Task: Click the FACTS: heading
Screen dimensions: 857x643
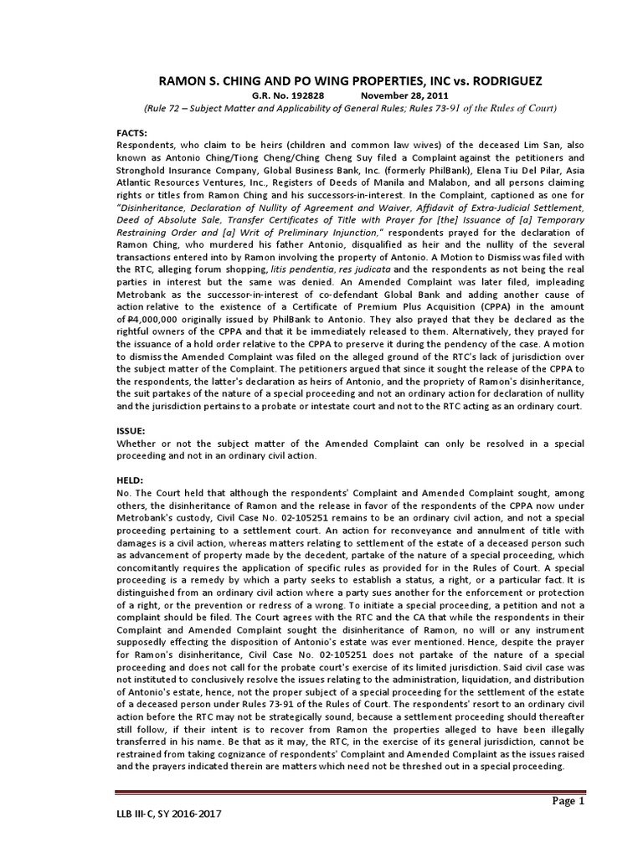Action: tap(131, 133)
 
